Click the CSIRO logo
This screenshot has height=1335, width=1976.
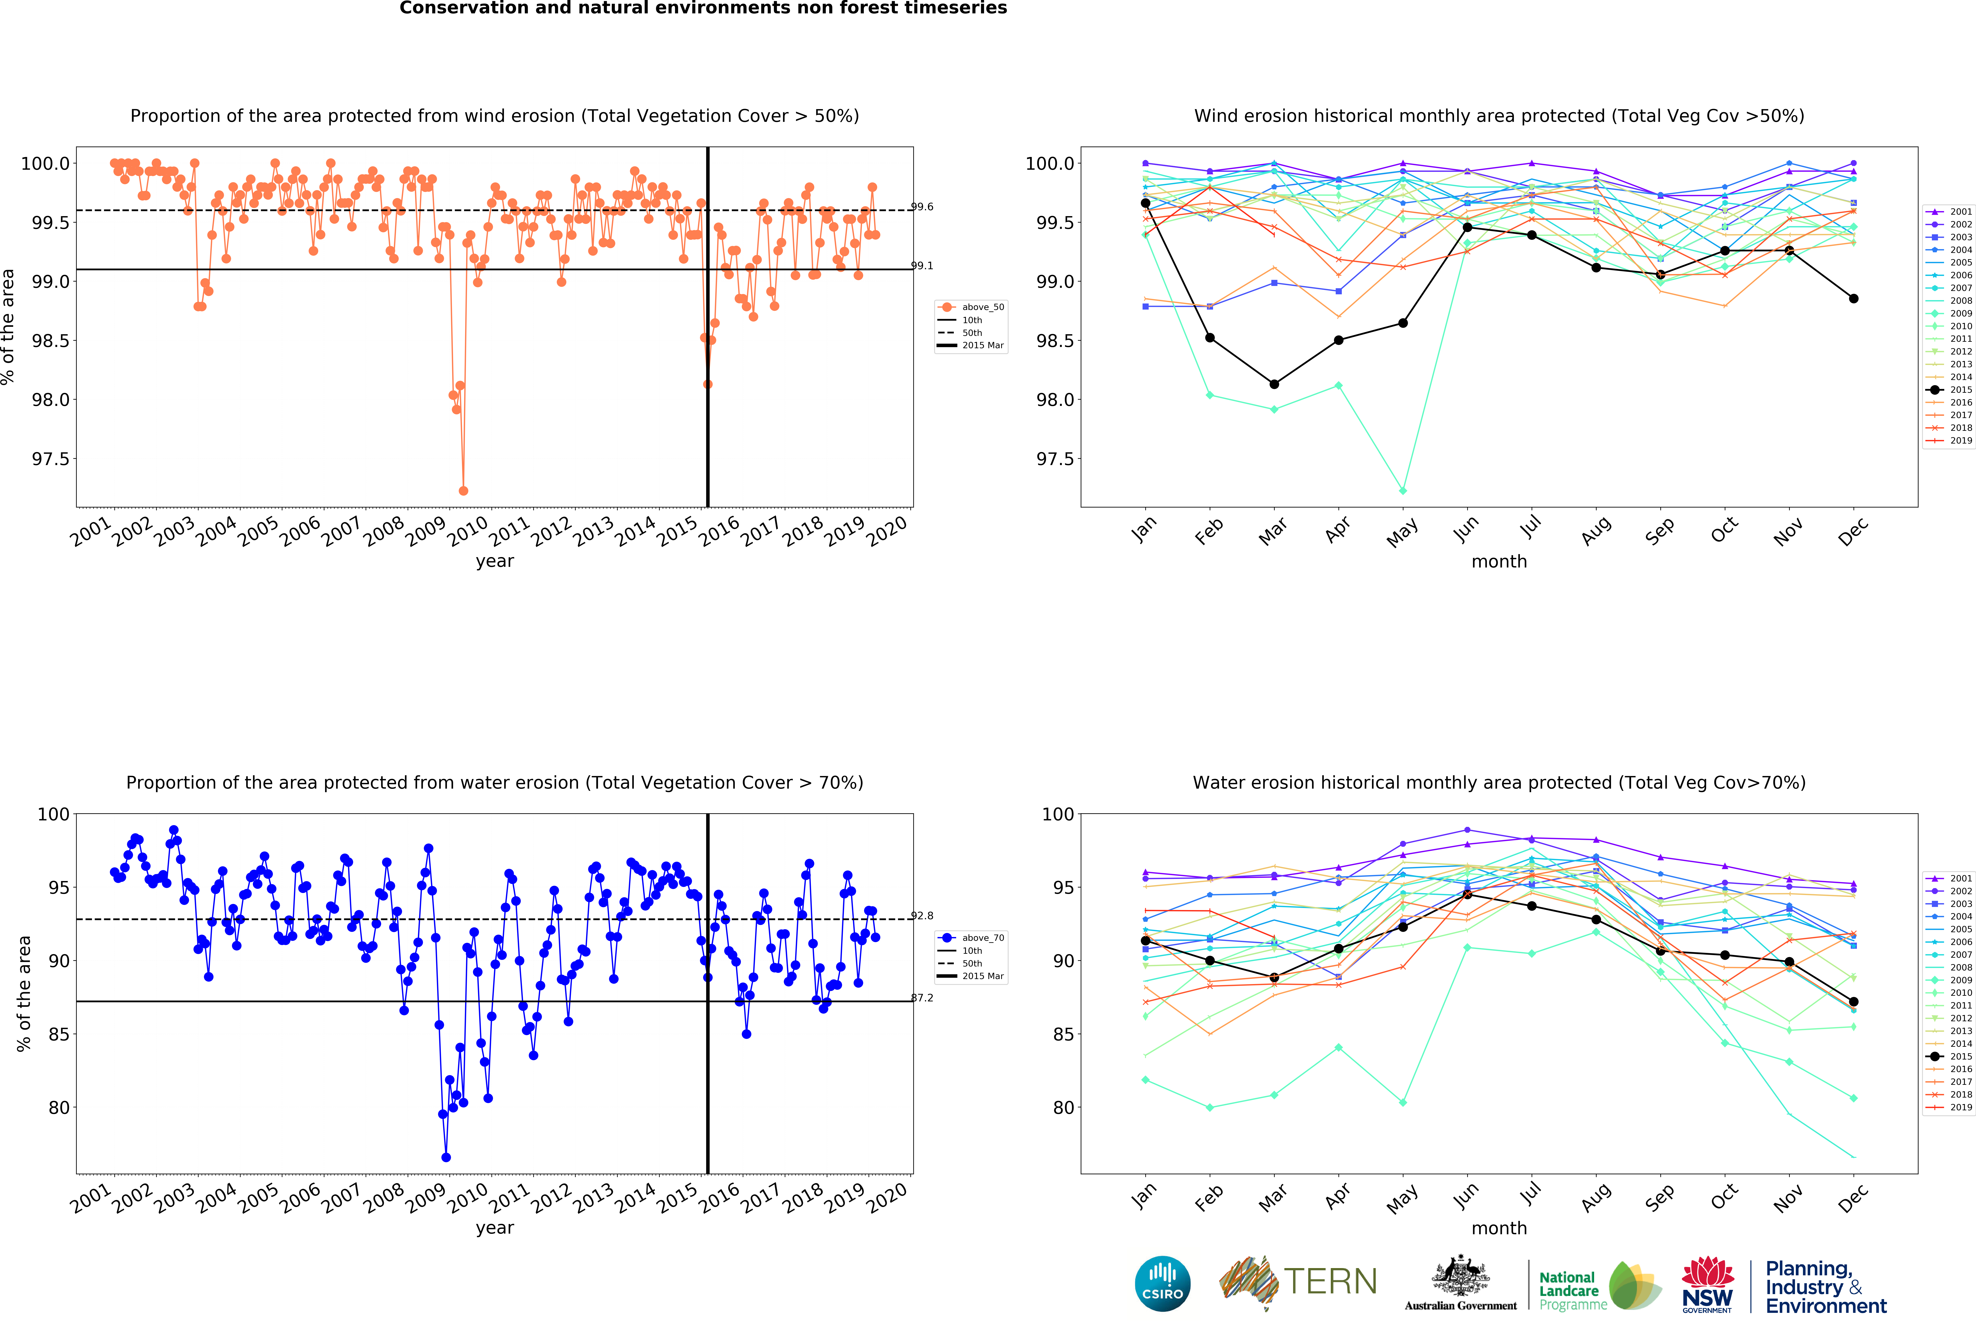1162,1283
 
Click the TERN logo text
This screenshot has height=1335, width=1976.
1330,1281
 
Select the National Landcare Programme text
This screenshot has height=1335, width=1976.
1573,1291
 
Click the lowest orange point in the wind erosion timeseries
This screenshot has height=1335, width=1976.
463,491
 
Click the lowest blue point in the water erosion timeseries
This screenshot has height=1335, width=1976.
446,1157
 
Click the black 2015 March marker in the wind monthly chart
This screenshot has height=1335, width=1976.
1274,384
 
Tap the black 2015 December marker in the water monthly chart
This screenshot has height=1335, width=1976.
1854,1002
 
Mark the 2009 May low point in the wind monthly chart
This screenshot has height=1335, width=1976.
1403,491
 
